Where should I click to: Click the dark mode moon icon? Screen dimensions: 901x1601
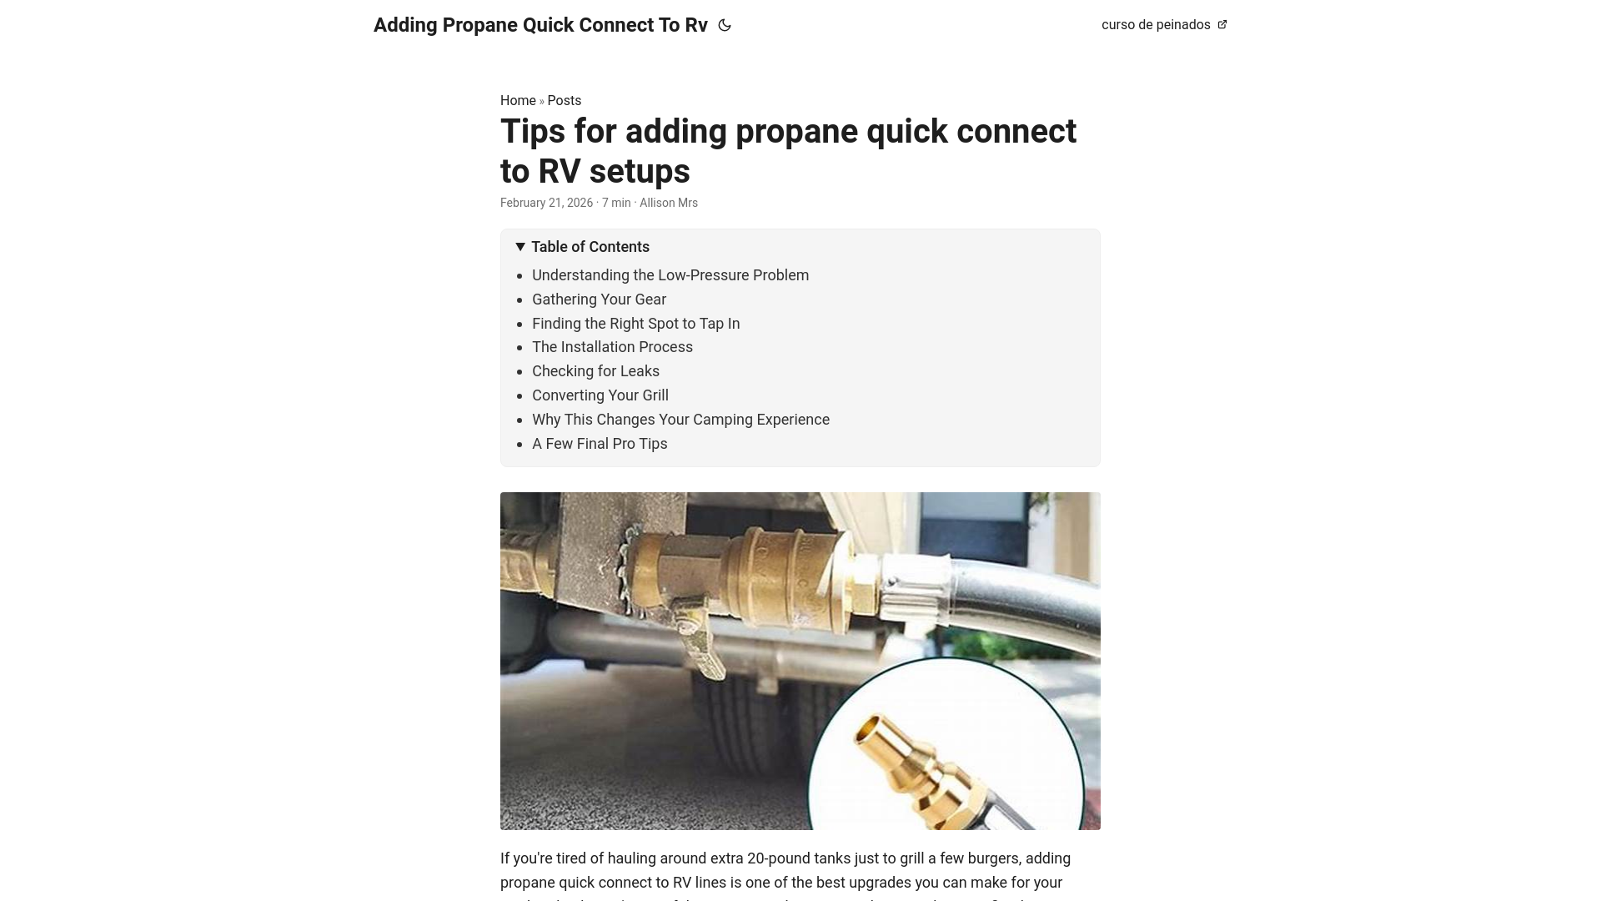(x=725, y=26)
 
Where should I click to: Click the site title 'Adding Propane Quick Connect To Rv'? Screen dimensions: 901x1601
(x=540, y=25)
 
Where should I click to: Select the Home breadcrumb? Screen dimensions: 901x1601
(x=518, y=101)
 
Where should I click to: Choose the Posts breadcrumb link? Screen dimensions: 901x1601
(x=565, y=101)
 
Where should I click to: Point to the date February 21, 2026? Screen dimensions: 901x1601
(x=546, y=203)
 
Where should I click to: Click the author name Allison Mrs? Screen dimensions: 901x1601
(x=669, y=203)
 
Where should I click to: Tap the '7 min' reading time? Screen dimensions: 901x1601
(x=616, y=203)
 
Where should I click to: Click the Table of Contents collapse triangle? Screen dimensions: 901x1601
(x=520, y=247)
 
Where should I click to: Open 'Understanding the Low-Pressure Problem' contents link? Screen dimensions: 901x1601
(x=670, y=275)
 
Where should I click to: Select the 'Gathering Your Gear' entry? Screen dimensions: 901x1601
(x=599, y=299)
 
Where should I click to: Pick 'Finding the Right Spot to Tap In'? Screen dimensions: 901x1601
(x=635, y=324)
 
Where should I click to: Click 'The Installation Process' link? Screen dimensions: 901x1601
(x=612, y=347)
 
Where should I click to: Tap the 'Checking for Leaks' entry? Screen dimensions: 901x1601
(x=595, y=371)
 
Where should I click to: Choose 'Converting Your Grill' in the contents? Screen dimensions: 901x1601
(x=600, y=395)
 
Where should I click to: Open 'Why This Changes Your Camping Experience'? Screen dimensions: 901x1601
(x=680, y=420)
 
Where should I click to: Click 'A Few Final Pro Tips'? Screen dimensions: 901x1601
(x=600, y=444)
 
